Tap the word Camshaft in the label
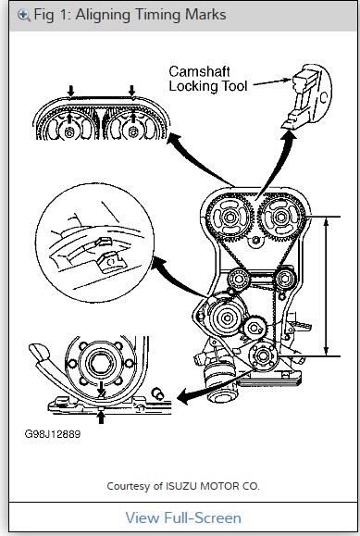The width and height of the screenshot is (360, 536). click(200, 70)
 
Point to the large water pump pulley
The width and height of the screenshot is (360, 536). click(225, 319)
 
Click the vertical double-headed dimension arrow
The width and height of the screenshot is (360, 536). click(327, 285)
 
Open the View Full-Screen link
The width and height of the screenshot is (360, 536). click(182, 517)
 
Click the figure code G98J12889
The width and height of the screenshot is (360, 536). click(53, 433)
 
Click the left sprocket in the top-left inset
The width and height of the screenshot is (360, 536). click(70, 131)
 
